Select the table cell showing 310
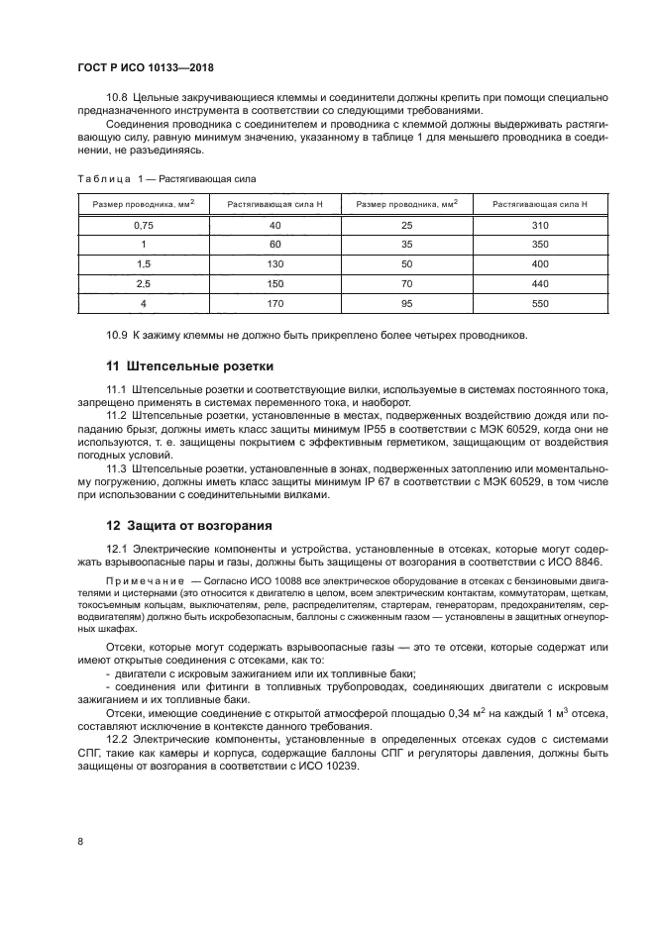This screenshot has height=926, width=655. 539,226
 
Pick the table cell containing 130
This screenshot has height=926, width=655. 275,264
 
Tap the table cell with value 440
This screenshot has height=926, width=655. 539,284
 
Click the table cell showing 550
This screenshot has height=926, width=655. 539,304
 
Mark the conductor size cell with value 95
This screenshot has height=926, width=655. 406,304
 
